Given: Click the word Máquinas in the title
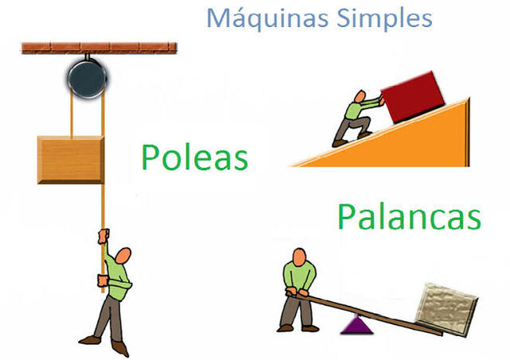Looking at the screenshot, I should (x=256, y=17).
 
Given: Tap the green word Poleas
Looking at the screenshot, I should (x=194, y=157).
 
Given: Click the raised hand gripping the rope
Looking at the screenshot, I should (x=102, y=233).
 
